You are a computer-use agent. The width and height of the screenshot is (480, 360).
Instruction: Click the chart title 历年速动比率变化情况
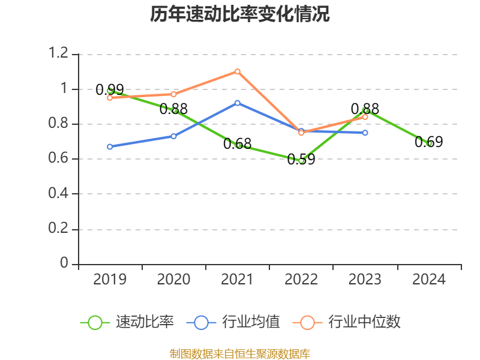point(240,14)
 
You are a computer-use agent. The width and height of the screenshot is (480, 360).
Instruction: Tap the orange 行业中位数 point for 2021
point(238,71)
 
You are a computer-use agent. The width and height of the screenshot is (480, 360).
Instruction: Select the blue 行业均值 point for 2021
point(238,103)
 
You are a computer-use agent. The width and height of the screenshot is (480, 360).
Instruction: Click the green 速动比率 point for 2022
point(301,161)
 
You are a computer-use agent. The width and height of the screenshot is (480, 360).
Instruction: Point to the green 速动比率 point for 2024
point(429,143)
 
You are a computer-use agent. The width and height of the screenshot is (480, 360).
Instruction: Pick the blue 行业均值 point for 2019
point(110,146)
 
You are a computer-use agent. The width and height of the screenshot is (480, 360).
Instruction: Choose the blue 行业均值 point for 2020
point(173,136)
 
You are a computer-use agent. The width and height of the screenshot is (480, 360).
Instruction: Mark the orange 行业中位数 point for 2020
point(173,94)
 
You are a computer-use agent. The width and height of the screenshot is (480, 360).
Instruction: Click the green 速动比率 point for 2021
point(238,145)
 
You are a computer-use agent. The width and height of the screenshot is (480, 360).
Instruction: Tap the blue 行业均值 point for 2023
point(365,133)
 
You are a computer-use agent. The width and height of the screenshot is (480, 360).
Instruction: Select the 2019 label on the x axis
point(110,280)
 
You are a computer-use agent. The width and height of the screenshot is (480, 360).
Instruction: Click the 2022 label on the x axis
point(301,280)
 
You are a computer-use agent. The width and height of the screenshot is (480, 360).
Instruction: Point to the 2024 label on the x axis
point(429,280)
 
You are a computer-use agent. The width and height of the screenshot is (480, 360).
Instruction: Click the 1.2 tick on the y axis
point(59,54)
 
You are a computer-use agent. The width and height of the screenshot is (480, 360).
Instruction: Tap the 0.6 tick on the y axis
point(59,159)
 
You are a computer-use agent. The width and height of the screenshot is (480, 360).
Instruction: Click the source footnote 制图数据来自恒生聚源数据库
point(240,353)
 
